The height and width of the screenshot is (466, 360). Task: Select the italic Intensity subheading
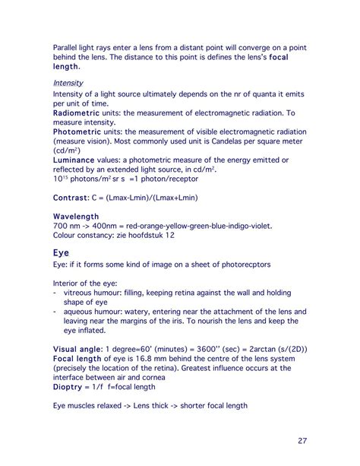click(68, 83)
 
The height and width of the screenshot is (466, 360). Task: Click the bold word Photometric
click(82, 130)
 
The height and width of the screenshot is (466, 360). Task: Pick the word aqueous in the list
click(81, 311)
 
